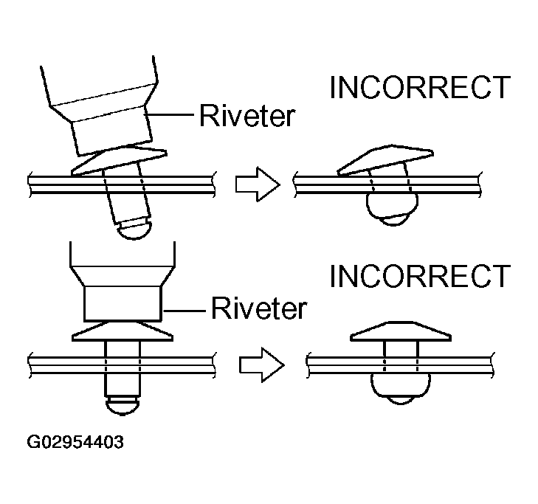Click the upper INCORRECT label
click(x=419, y=87)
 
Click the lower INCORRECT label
click(x=419, y=276)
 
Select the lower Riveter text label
click(x=258, y=307)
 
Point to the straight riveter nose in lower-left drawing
click(x=123, y=301)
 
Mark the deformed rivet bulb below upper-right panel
click(x=391, y=209)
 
